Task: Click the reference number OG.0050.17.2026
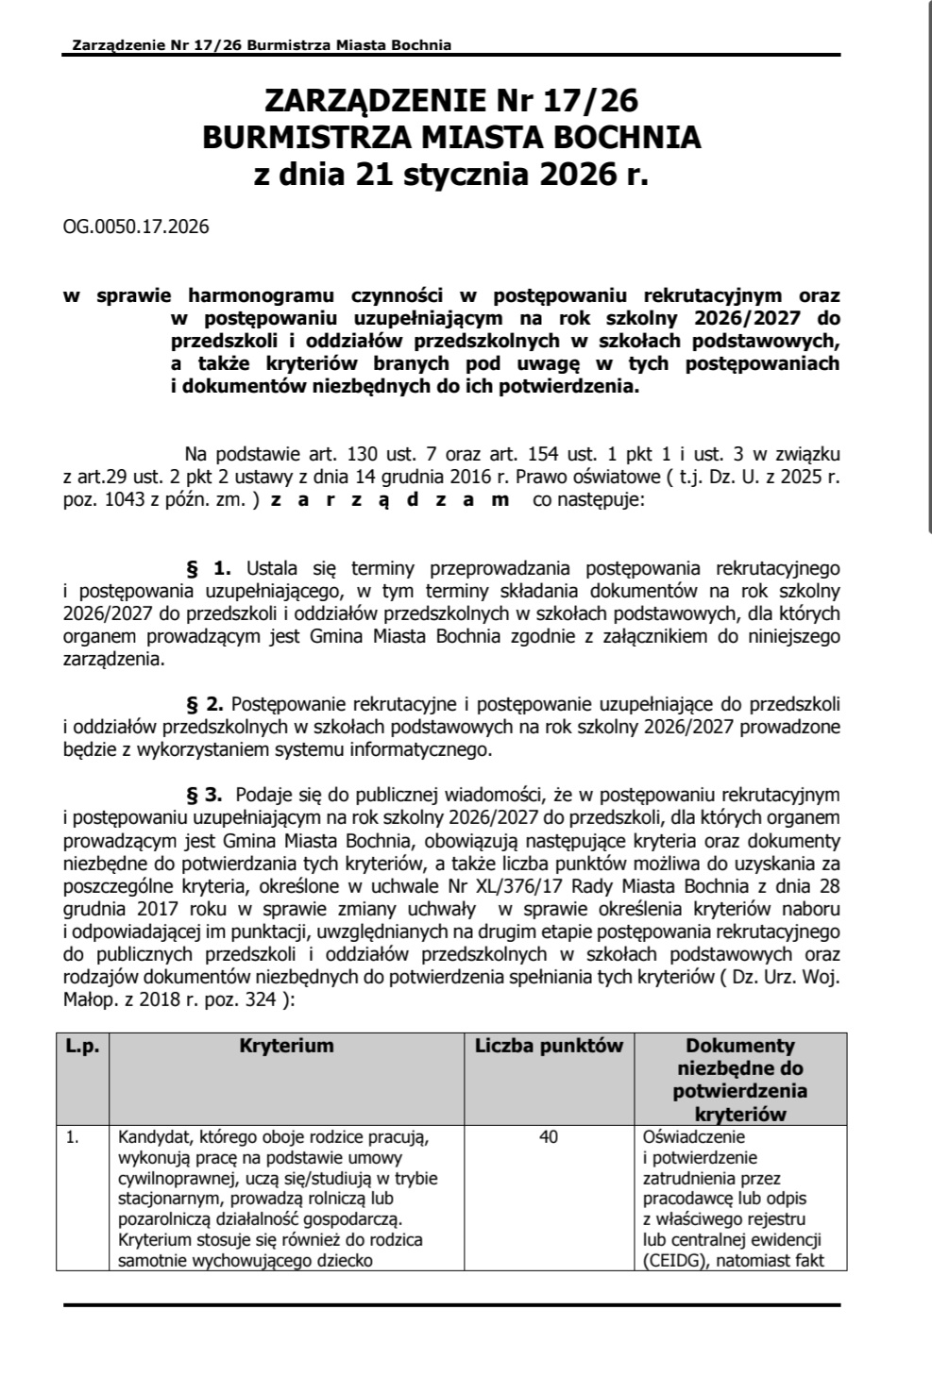[x=136, y=227]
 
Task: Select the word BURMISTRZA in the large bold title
[x=301, y=138]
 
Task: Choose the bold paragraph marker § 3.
[x=205, y=795]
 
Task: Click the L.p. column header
[x=82, y=1046]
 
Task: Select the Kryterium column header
[x=286, y=1046]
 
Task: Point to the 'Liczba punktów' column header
[x=549, y=1046]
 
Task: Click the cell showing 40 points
[x=549, y=1137]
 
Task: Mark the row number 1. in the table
[x=72, y=1137]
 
